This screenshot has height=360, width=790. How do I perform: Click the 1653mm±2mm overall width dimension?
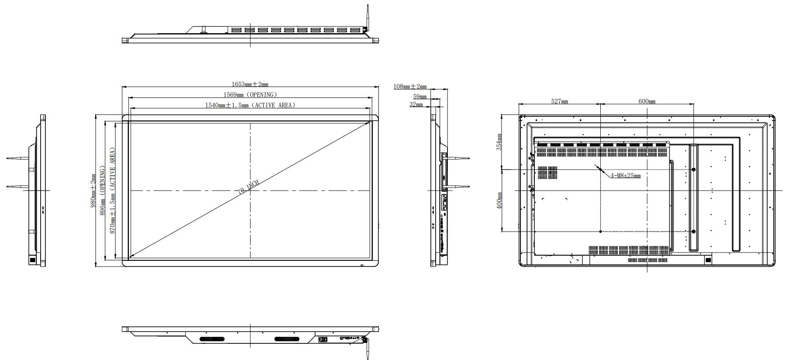tap(249, 84)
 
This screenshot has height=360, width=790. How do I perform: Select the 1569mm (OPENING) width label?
tap(250, 95)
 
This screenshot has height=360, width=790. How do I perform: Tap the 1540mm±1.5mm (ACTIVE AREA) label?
tap(250, 105)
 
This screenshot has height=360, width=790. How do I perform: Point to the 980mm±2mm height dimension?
tap(93, 190)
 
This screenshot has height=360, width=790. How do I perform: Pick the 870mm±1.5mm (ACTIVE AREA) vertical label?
tap(112, 190)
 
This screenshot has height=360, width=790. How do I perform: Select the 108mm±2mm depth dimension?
tap(410, 87)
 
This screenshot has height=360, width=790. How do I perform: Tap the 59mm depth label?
tap(419, 96)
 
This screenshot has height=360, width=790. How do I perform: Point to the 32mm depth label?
tap(416, 104)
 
